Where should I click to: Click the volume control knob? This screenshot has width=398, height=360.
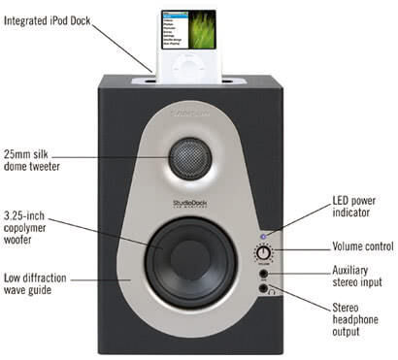pyautogui.click(x=262, y=255)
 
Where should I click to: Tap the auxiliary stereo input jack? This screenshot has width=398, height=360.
pyautogui.click(x=262, y=275)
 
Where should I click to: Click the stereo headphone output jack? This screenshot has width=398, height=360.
pyautogui.click(x=262, y=287)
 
